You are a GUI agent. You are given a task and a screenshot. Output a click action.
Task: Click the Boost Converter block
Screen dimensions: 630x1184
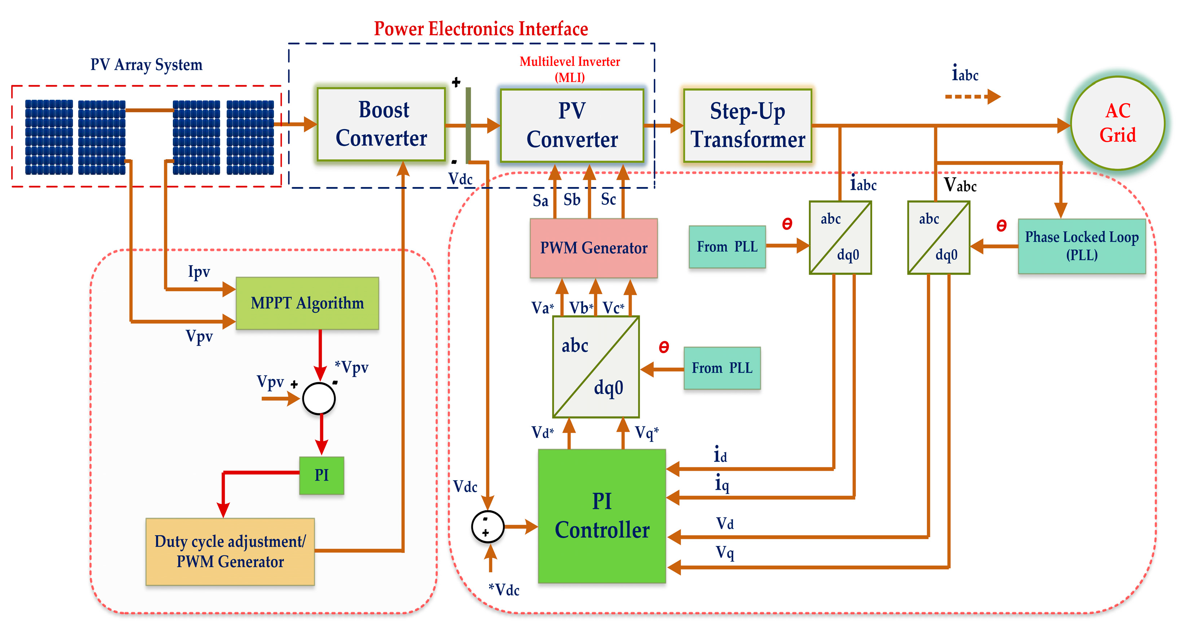tap(381, 124)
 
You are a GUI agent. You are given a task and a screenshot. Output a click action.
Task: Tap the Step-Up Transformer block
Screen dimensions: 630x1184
tap(747, 125)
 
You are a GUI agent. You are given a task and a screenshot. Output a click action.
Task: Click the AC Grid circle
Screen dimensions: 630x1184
tap(1117, 123)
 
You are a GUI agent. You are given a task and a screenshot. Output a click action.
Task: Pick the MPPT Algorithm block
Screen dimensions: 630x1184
tap(307, 303)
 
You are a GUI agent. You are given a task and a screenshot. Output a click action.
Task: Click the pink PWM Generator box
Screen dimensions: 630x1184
tap(593, 248)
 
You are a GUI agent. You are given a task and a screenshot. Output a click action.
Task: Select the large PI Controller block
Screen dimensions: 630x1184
tap(602, 516)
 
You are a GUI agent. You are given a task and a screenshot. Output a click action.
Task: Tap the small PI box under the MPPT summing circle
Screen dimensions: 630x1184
tap(321, 475)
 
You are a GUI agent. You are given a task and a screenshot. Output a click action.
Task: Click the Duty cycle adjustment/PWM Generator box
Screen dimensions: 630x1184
tap(230, 552)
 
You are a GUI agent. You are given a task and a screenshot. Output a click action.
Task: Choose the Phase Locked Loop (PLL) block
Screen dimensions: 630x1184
tap(1082, 246)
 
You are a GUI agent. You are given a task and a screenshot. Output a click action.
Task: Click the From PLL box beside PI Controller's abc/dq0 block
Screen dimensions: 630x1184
tap(722, 368)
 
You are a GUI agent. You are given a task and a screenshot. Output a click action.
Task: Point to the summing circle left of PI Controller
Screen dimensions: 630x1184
tap(487, 527)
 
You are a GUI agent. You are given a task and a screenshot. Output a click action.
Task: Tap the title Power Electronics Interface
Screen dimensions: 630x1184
tap(481, 29)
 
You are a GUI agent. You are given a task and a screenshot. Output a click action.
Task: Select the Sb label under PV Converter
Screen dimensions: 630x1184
tap(572, 200)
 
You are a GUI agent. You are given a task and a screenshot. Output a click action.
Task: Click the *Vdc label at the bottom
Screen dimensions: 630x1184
tap(504, 589)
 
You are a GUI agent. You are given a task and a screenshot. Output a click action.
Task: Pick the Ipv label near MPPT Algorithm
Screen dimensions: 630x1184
tap(199, 272)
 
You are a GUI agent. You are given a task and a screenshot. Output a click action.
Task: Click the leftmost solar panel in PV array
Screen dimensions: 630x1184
tap(49, 137)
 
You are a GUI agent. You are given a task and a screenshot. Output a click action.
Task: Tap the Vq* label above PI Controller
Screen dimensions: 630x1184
tap(646, 433)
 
